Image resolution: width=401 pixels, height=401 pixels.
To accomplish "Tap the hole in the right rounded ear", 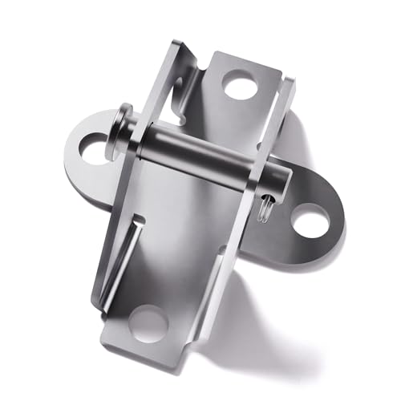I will (x=310, y=220).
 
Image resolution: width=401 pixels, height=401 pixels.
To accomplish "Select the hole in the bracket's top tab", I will (x=238, y=83).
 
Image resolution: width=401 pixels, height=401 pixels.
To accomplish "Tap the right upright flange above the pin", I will (x=277, y=120).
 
